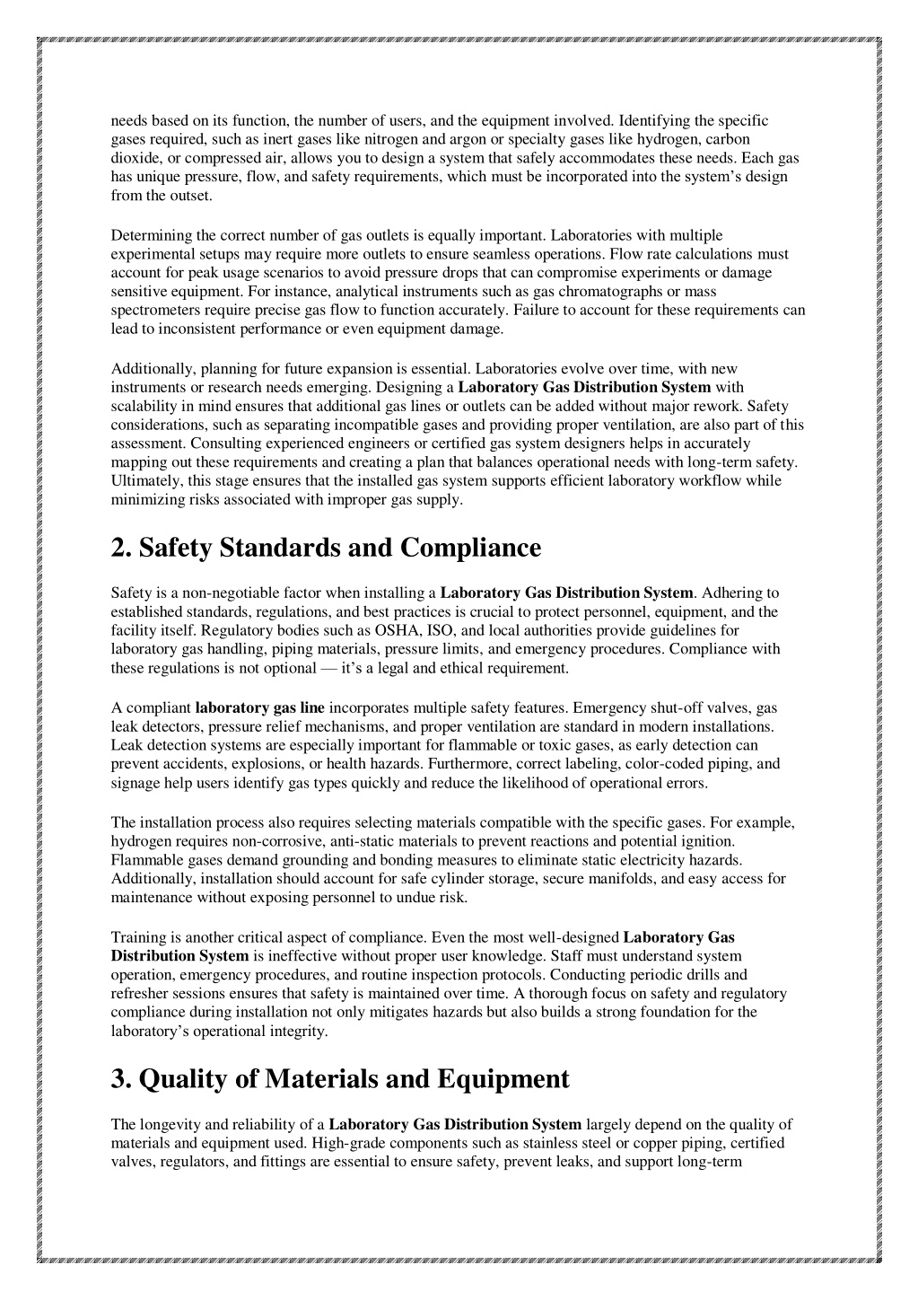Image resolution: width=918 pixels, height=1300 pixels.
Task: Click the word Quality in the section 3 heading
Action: [x=180, y=1078]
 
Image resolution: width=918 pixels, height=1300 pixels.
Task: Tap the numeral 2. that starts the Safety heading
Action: [x=122, y=548]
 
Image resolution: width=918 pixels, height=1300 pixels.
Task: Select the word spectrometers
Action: [x=153, y=311]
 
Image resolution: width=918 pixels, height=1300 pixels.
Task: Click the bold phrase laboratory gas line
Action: [x=259, y=707]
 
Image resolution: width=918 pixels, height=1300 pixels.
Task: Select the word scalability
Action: [x=144, y=406]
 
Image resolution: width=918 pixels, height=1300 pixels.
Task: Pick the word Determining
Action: [x=148, y=235]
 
